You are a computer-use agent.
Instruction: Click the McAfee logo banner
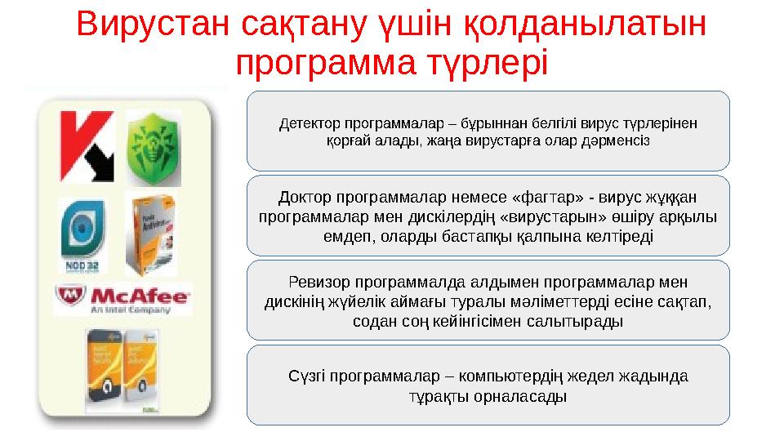click(x=123, y=299)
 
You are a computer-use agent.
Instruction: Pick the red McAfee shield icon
click(x=70, y=298)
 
